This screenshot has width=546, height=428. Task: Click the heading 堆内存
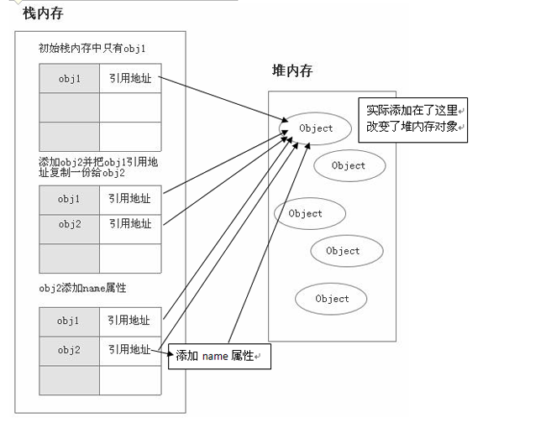coord(292,71)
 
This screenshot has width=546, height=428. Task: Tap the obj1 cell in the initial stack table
coord(70,78)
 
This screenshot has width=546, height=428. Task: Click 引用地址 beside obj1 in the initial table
coord(129,78)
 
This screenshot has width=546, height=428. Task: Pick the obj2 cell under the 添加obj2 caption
coord(70,224)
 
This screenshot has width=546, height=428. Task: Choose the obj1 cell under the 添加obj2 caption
coord(70,199)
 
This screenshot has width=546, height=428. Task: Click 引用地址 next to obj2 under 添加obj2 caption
coord(129,224)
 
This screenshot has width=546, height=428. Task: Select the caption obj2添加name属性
coord(82,288)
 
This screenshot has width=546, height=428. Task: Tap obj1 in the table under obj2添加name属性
coord(70,321)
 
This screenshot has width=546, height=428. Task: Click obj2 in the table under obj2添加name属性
coord(70,349)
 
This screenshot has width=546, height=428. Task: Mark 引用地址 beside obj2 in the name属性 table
coord(129,349)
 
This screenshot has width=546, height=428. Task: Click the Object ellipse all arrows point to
coord(316,128)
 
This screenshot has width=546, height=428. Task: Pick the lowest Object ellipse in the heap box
coord(332,299)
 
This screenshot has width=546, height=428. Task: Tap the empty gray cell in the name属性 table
coord(70,379)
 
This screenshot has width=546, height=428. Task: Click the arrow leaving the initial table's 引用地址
coord(218,100)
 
